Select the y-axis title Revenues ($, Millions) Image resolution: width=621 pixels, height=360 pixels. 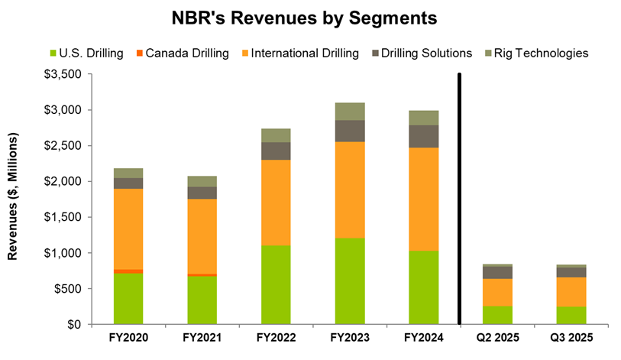(13, 199)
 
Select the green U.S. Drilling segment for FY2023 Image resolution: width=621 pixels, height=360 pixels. (349, 281)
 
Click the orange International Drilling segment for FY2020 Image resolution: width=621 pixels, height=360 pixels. (128, 229)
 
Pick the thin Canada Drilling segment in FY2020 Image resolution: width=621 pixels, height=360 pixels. (128, 271)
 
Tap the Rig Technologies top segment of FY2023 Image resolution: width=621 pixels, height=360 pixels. (349, 111)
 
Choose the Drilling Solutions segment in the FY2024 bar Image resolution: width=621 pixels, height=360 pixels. (423, 136)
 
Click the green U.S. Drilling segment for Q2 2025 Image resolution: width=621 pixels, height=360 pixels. (497, 315)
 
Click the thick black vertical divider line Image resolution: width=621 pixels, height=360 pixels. (459, 199)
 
